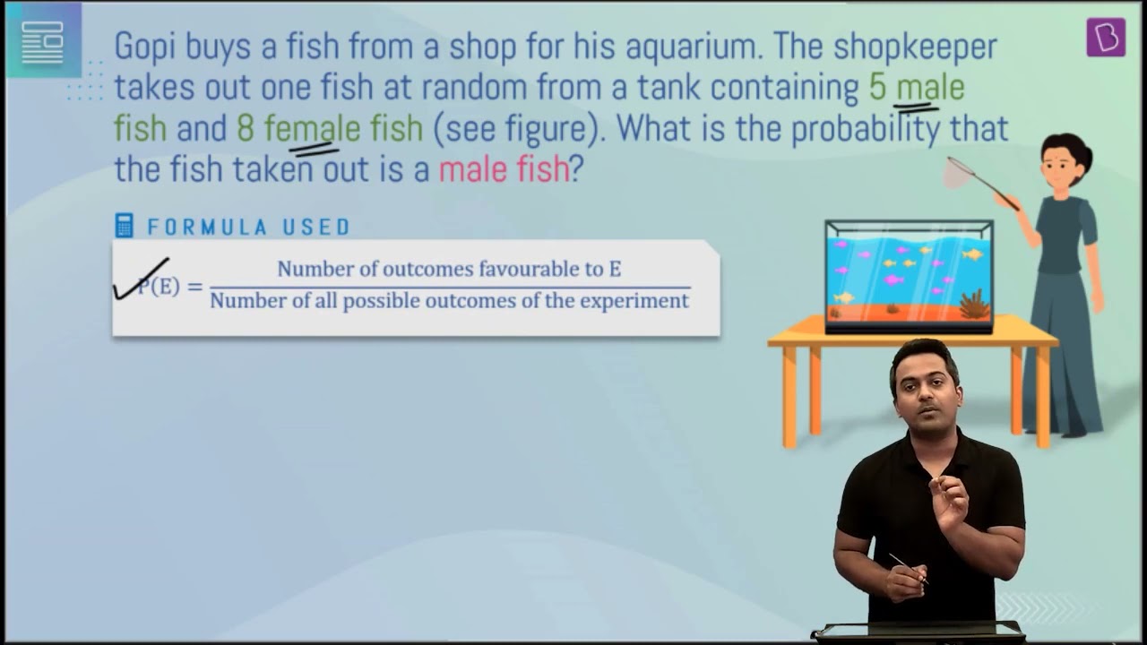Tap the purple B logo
tap(1106, 37)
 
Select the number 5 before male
tap(877, 87)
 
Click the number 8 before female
tap(246, 128)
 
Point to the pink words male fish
tap(504, 169)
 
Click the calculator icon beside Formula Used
tap(125, 226)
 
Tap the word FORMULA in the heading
tap(207, 228)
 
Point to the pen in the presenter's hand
tap(909, 568)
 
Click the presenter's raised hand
tap(947, 499)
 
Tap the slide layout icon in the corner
tap(43, 42)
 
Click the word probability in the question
tap(866, 129)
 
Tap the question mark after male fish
tap(576, 169)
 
